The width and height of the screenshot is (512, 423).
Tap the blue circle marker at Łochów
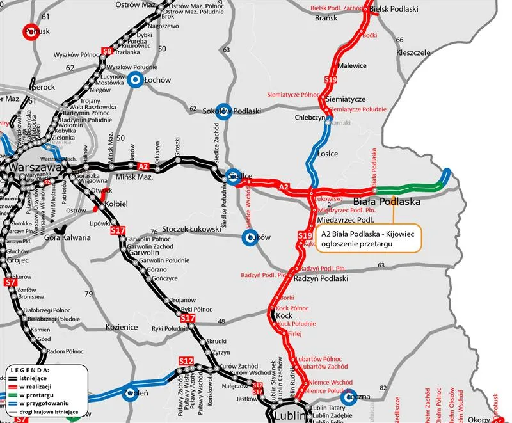pyautogui.click(x=135, y=79)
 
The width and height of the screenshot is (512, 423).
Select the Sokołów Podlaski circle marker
pyautogui.click(x=223, y=110)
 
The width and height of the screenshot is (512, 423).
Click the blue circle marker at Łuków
pyautogui.click(x=250, y=238)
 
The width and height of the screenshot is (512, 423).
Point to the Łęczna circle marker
pyautogui.click(x=350, y=397)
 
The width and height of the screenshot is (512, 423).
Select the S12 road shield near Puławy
pyautogui.click(x=186, y=362)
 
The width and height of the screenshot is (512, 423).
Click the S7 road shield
pyautogui.click(x=10, y=283)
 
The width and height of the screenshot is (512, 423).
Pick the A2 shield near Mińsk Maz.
pyautogui.click(x=143, y=166)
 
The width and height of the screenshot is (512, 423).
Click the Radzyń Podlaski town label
pyautogui.click(x=320, y=279)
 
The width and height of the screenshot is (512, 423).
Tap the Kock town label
pyautogui.click(x=284, y=316)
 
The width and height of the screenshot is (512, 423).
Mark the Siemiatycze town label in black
pyautogui.click(x=345, y=99)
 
